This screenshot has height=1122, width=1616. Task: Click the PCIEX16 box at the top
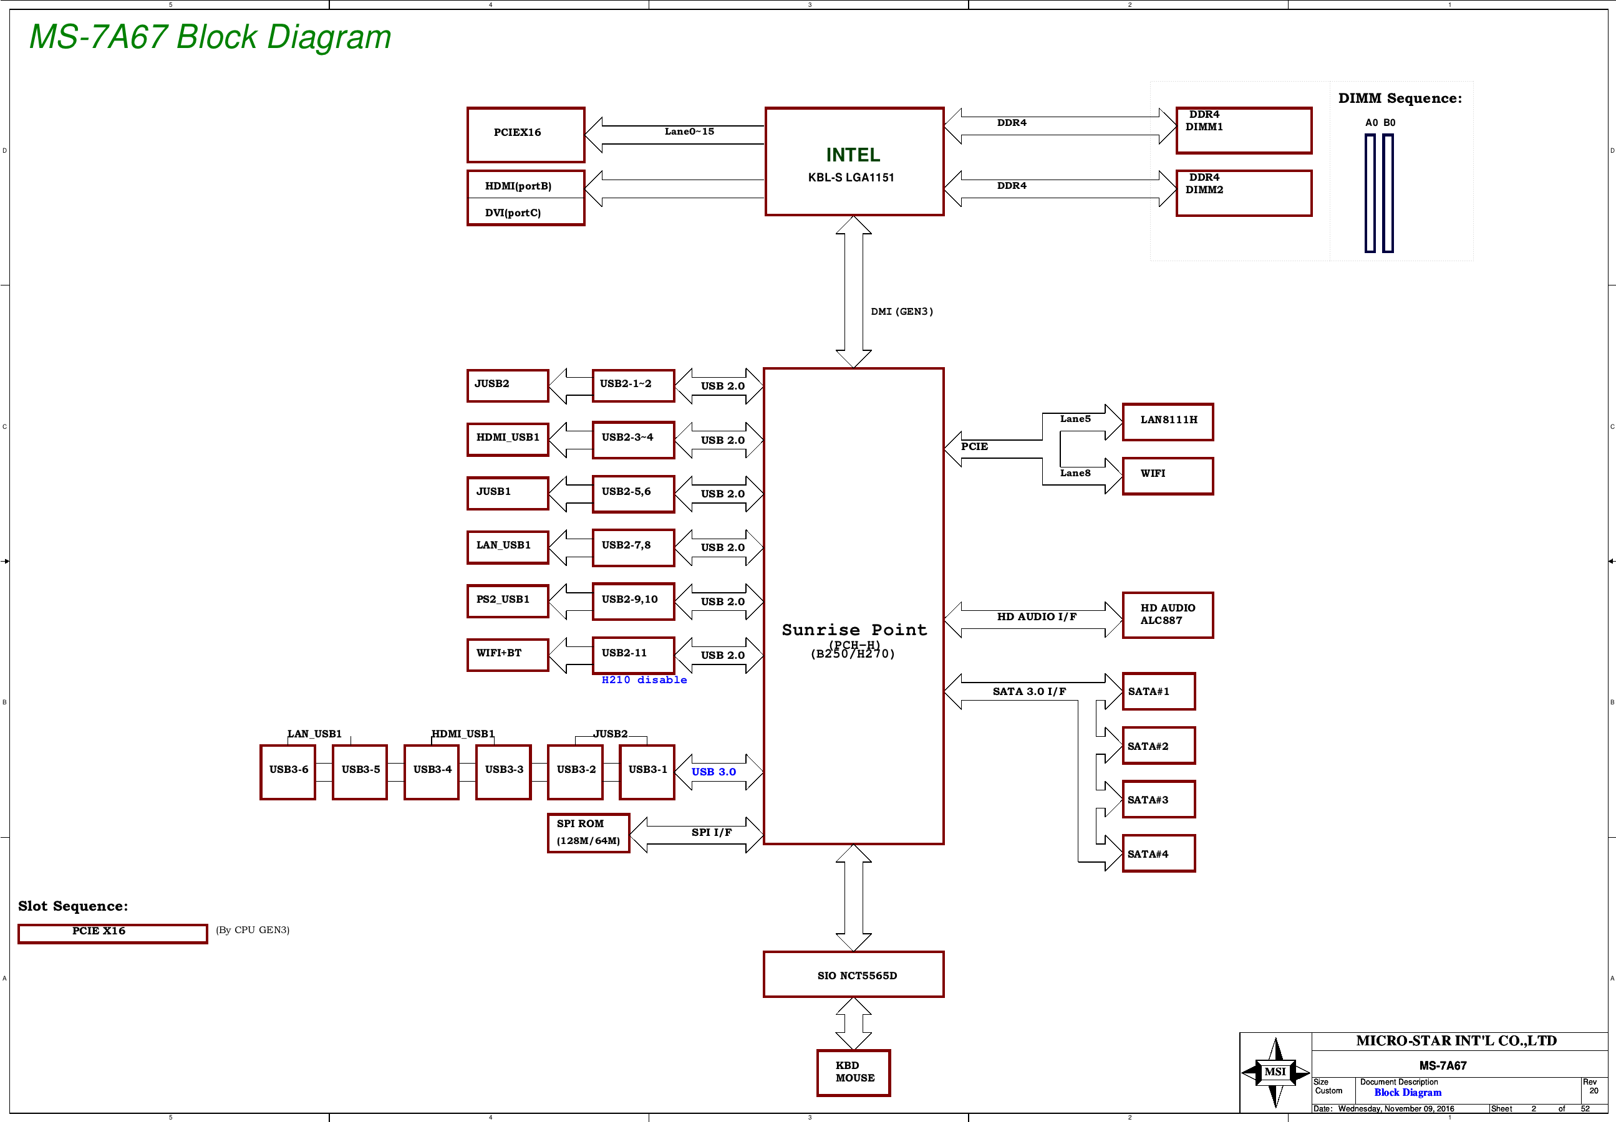tap(525, 134)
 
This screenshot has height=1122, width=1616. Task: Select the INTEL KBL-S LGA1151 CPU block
tap(854, 161)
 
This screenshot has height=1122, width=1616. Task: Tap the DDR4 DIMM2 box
tap(1243, 193)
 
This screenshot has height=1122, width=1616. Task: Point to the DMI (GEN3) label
tap(901, 312)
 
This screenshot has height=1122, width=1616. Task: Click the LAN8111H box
tap(1168, 422)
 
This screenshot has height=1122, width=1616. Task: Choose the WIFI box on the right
tap(1168, 476)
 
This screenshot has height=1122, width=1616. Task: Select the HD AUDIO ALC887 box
tap(1168, 615)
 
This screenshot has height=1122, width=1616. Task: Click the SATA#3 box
tap(1158, 799)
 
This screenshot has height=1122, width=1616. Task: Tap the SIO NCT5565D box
tap(853, 974)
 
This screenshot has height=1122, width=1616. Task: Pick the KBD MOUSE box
tap(853, 1072)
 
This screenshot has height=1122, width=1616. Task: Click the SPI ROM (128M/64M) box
tap(588, 832)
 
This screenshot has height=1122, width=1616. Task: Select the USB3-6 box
tap(288, 771)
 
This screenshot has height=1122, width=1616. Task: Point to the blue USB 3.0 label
tap(713, 772)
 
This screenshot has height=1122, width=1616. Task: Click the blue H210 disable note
tap(644, 680)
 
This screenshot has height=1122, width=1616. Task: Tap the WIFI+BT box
tap(507, 654)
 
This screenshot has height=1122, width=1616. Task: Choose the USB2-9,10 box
tap(633, 601)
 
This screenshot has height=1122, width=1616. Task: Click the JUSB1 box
tap(507, 493)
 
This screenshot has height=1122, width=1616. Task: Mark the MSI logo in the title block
tap(1275, 1072)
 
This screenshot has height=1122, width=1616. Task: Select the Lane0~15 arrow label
tap(689, 132)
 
